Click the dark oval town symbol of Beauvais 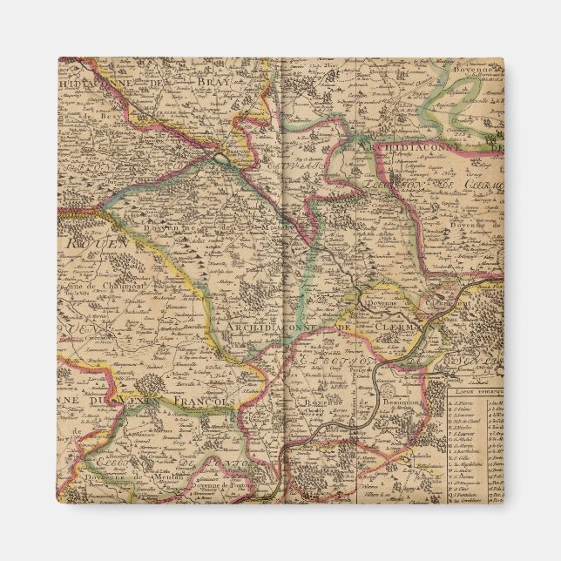(x=222, y=159)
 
